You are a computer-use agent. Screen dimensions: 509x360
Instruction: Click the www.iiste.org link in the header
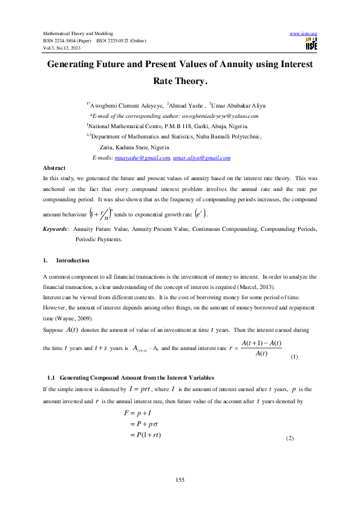click(304, 33)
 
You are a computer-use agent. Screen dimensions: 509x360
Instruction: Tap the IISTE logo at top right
click(311, 44)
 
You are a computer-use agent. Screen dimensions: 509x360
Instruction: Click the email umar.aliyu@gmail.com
click(201, 157)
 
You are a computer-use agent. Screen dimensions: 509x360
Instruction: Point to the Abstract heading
click(55, 167)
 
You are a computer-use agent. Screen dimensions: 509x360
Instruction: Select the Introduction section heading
click(73, 261)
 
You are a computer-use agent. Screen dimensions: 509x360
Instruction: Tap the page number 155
click(180, 479)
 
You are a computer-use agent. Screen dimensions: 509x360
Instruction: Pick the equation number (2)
click(289, 438)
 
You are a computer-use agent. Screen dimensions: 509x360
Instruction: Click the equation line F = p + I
click(138, 413)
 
